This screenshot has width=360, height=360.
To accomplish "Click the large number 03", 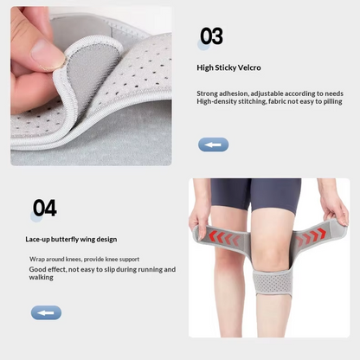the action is (x=211, y=36).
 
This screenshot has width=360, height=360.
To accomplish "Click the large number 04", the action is (x=45, y=208).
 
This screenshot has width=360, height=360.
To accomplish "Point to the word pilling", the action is (x=332, y=102).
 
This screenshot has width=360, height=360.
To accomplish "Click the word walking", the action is (x=41, y=278).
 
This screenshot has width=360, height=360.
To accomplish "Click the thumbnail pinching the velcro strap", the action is (x=47, y=54).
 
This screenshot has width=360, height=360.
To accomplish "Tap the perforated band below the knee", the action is (x=273, y=282).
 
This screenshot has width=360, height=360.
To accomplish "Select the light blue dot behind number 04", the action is (x=36, y=216).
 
